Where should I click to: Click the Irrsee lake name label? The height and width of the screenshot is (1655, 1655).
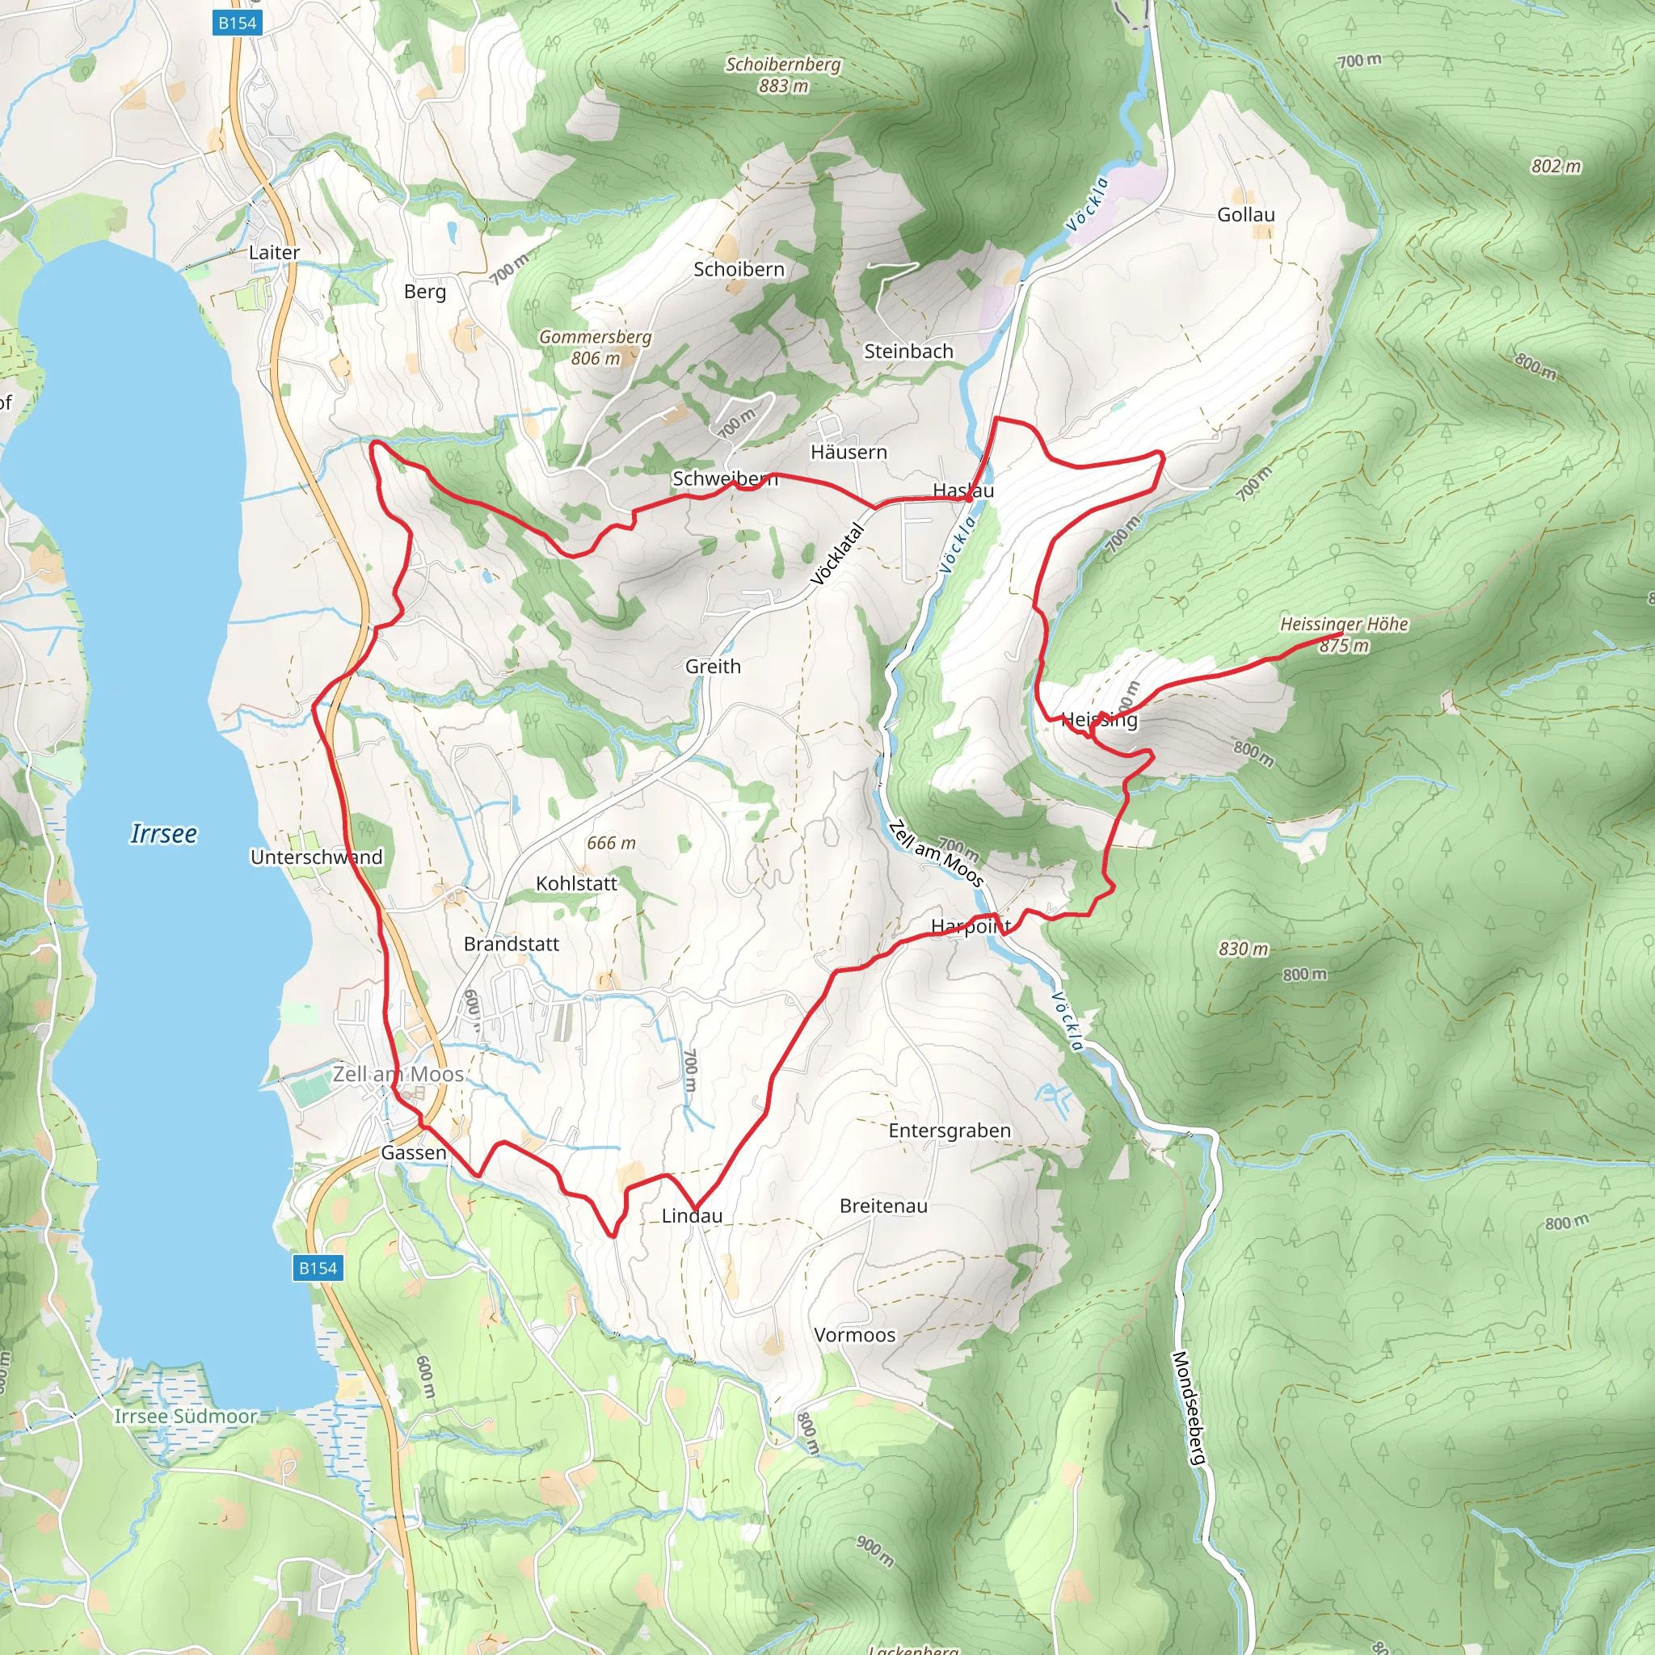pyautogui.click(x=162, y=833)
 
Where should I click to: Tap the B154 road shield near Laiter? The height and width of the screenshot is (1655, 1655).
pyautogui.click(x=237, y=23)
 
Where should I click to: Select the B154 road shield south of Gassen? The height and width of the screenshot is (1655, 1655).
pyautogui.click(x=318, y=1268)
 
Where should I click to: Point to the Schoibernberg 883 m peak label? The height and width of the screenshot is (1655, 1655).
pyautogui.click(x=783, y=74)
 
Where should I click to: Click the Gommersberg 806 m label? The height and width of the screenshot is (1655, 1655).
pyautogui.click(x=596, y=347)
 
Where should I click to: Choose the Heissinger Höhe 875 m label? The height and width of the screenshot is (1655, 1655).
pyautogui.click(x=1343, y=634)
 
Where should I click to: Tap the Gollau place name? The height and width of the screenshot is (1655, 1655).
pyautogui.click(x=1245, y=214)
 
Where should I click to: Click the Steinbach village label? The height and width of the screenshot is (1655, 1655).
pyautogui.click(x=908, y=352)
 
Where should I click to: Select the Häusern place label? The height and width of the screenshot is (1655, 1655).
pyautogui.click(x=848, y=452)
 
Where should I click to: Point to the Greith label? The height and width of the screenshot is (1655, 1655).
pyautogui.click(x=713, y=666)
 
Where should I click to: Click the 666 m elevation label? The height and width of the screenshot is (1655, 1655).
pyautogui.click(x=611, y=843)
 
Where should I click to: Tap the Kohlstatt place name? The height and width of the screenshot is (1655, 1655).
pyautogui.click(x=575, y=883)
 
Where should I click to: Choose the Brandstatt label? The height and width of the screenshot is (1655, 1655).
pyautogui.click(x=512, y=944)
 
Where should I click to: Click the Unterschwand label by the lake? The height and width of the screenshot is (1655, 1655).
pyautogui.click(x=316, y=857)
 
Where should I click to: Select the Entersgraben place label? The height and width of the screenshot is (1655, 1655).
pyautogui.click(x=950, y=1131)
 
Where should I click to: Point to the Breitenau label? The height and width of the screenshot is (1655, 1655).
pyautogui.click(x=883, y=1207)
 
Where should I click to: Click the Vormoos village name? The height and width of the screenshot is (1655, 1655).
pyautogui.click(x=854, y=1335)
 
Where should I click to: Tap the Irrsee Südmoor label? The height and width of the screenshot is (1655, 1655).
pyautogui.click(x=186, y=1416)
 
